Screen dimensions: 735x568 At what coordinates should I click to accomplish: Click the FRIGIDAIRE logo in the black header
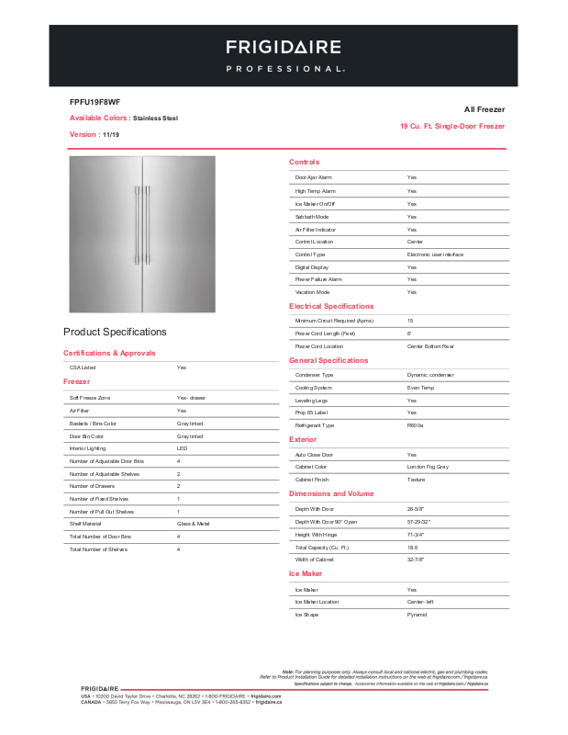(x=284, y=47)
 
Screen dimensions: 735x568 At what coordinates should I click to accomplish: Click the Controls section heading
(x=304, y=162)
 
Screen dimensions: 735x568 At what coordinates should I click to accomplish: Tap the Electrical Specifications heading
(x=331, y=306)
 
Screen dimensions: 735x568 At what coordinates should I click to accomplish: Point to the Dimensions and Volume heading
(x=331, y=493)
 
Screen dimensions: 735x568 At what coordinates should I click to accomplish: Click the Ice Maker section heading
(x=306, y=573)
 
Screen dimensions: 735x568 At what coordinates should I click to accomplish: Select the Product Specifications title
(x=115, y=332)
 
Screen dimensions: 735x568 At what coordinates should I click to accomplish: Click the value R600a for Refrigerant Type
(x=416, y=425)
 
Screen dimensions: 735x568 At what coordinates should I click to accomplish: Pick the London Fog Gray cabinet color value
(x=428, y=467)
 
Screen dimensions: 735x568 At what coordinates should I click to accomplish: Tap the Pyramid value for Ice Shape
(x=417, y=614)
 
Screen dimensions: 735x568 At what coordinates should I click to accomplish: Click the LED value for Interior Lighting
(x=182, y=447)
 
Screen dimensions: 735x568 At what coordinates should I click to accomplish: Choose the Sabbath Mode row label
(x=311, y=216)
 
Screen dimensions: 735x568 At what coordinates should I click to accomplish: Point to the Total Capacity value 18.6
(x=413, y=547)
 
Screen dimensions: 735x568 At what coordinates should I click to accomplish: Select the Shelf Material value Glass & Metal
(x=193, y=524)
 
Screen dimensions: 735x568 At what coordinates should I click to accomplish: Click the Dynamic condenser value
(x=429, y=375)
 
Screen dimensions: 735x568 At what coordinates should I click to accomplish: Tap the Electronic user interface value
(x=435, y=254)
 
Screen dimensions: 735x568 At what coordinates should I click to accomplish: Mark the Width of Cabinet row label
(x=314, y=560)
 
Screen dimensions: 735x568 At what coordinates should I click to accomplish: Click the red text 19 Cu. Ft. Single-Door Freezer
(x=452, y=126)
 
